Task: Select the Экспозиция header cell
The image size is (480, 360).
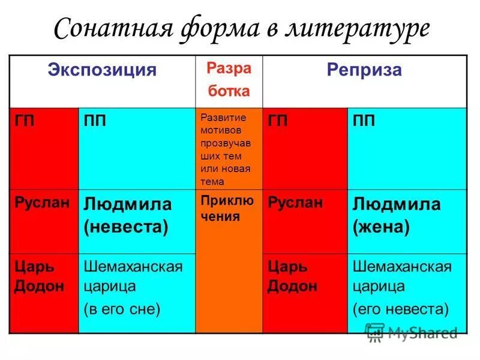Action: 102,70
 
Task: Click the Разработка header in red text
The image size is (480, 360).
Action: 229,80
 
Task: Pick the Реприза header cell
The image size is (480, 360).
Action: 364,70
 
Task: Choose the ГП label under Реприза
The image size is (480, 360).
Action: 278,121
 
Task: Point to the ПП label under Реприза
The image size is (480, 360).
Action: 364,121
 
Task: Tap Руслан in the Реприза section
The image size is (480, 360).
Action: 295,202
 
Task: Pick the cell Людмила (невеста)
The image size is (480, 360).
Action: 128,215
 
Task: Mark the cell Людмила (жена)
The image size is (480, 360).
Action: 397,215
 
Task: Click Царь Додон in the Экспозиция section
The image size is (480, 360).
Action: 40,276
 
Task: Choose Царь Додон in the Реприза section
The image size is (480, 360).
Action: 292,276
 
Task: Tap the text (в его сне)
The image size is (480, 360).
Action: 122,309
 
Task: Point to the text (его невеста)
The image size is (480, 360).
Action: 400,309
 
